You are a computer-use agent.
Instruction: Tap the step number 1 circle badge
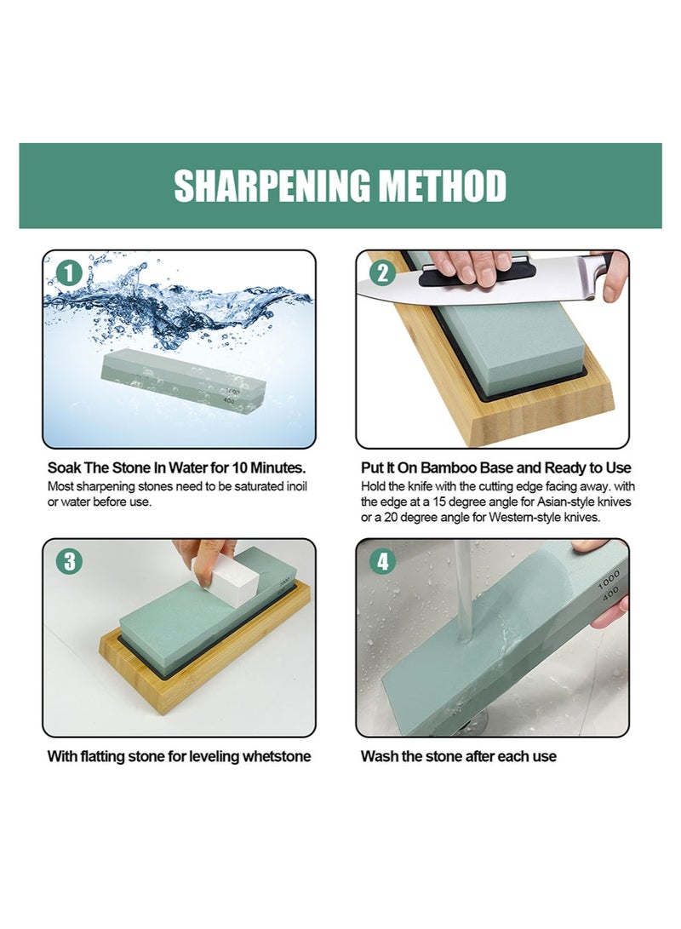click(69, 273)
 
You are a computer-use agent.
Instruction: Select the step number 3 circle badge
click(69, 562)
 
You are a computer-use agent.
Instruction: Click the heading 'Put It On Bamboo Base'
click(496, 467)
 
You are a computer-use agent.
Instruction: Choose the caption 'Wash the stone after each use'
click(458, 756)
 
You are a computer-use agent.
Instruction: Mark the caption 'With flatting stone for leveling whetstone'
click(179, 756)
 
